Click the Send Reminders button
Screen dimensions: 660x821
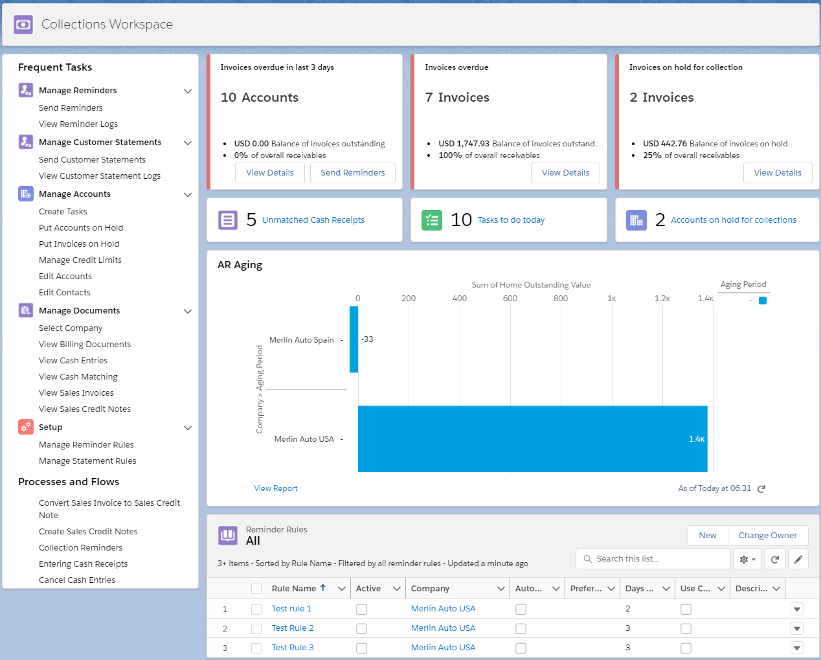[352, 173]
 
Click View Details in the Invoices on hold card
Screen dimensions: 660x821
[777, 173]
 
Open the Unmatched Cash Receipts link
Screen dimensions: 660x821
[313, 220]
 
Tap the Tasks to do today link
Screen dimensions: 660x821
[510, 220]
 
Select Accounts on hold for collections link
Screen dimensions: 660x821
[733, 220]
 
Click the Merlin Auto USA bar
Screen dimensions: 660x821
[532, 439]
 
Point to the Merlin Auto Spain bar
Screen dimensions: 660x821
[354, 339]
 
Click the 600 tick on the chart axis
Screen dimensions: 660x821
[510, 299]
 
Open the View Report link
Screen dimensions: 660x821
[276, 488]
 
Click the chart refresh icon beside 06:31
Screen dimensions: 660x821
[761, 489]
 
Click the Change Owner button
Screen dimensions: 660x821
[767, 536]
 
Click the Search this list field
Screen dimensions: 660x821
[654, 559]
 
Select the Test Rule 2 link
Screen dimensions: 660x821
[293, 628]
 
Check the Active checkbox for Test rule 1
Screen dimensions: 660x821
[361, 609]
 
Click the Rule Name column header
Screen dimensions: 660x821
[294, 589]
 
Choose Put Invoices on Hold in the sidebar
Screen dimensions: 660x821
[79, 244]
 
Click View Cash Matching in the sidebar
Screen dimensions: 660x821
[78, 377]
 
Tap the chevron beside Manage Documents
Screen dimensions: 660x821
[188, 312]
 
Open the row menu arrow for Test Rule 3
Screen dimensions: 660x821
[797, 648]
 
